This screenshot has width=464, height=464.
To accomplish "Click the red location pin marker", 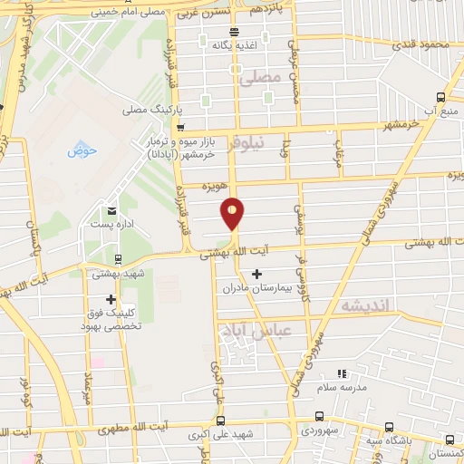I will (x=233, y=212).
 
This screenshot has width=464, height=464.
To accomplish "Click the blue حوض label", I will (x=82, y=150).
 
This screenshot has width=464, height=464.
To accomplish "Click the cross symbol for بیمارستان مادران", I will (x=257, y=273).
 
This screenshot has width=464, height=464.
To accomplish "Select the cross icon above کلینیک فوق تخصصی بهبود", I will (x=111, y=299).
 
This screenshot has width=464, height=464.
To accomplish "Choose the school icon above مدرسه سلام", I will (x=342, y=373).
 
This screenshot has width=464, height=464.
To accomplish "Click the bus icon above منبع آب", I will (x=440, y=97).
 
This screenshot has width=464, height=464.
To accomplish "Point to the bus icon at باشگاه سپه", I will (x=389, y=427).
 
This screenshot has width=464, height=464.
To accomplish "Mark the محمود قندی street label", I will (x=423, y=44).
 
